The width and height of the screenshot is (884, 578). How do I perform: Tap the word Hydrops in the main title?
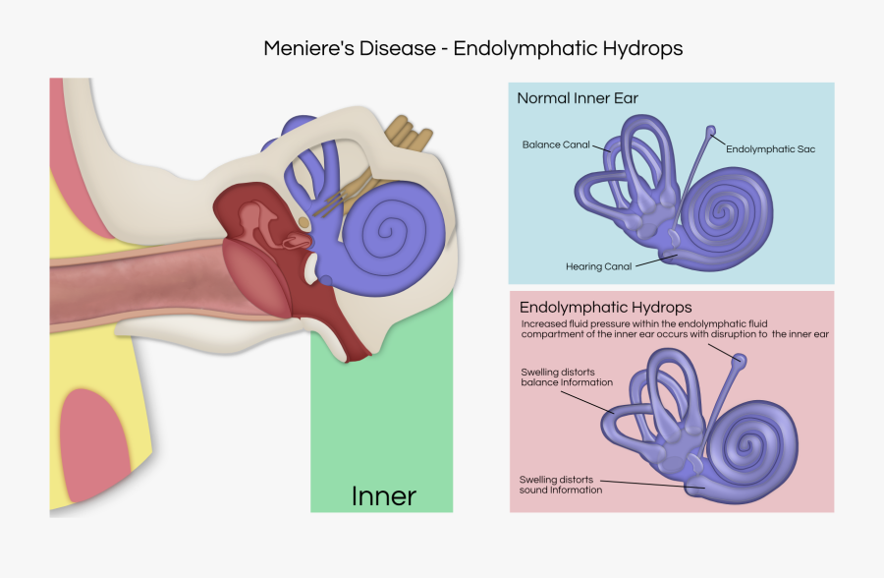[646, 48]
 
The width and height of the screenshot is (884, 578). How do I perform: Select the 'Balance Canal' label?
[556, 144]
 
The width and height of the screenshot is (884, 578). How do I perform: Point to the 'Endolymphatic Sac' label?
[771, 149]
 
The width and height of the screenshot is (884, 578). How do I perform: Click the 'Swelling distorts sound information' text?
[561, 485]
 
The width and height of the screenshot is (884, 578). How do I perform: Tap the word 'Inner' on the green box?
[383, 496]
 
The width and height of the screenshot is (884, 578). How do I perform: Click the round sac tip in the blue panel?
[710, 131]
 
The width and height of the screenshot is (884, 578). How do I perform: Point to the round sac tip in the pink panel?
[742, 362]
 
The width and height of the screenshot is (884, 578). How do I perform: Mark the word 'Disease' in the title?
[404, 48]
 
